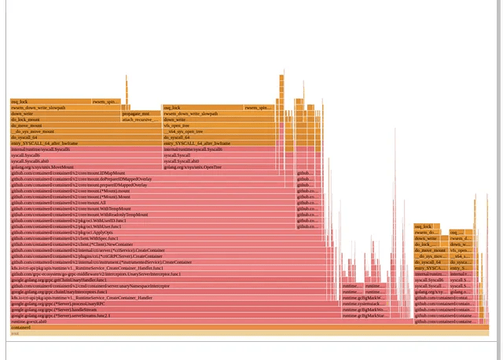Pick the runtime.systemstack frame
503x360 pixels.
362,303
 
